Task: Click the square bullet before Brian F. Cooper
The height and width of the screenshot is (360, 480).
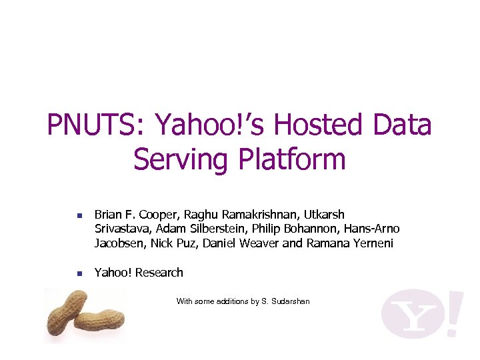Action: tap(79, 216)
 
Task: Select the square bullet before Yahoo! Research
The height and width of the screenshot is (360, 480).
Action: tap(79, 273)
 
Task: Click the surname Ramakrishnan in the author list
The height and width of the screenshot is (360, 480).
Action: tap(256, 215)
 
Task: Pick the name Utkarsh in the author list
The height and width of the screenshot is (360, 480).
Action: tap(324, 215)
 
